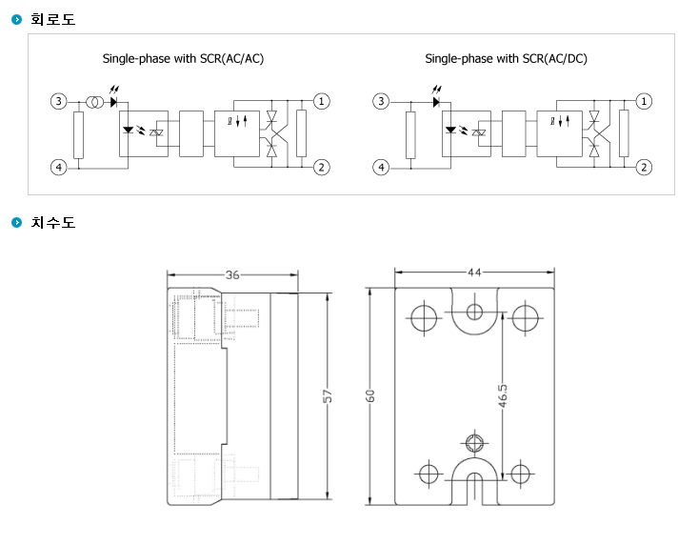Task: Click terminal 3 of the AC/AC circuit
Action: click(x=58, y=102)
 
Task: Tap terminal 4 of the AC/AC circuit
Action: click(x=58, y=168)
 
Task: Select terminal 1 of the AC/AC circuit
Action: click(x=322, y=102)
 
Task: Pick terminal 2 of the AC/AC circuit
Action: click(x=322, y=168)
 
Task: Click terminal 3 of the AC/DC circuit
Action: click(x=381, y=102)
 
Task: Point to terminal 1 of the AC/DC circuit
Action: click(x=644, y=102)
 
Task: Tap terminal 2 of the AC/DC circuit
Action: click(x=644, y=168)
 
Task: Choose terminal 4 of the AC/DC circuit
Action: click(x=381, y=168)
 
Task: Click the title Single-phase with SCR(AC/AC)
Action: click(x=183, y=59)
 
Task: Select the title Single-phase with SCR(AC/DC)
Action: click(x=507, y=59)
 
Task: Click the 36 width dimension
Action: click(x=232, y=274)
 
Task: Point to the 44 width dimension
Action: click(x=474, y=272)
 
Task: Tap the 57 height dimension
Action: click(x=328, y=395)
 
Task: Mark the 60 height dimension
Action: click(x=369, y=395)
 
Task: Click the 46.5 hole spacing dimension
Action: click(x=503, y=395)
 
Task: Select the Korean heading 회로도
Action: click(x=53, y=19)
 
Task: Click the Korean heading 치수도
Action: click(x=53, y=222)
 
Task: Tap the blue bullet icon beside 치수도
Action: click(x=16, y=222)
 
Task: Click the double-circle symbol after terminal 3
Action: click(x=94, y=102)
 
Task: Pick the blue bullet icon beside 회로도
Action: click(x=16, y=19)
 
